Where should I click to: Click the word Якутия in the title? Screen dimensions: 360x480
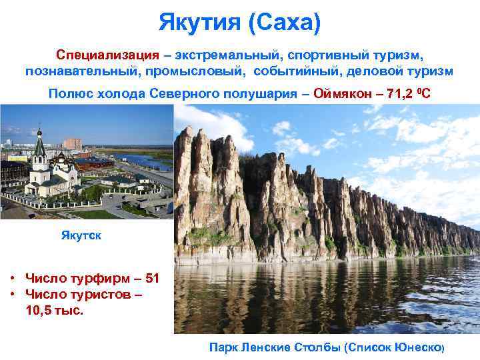point(199,23)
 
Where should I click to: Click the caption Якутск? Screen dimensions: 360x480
point(81,235)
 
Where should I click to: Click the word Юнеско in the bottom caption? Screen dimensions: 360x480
point(418,347)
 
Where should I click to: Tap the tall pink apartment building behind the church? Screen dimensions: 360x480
point(72,144)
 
